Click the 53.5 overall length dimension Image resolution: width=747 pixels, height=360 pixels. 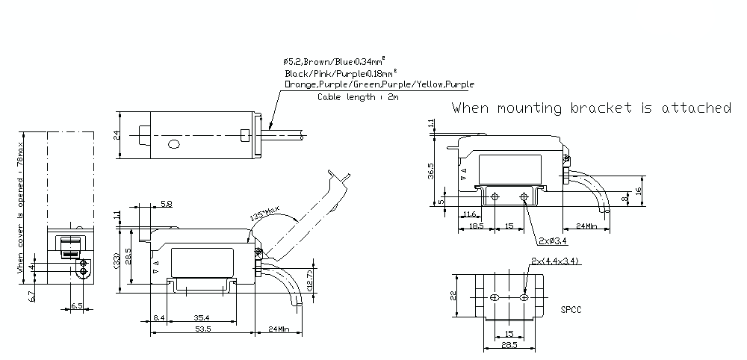[203, 327]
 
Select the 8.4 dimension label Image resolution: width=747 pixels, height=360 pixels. [158, 317]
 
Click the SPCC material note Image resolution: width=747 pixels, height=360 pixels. [571, 308]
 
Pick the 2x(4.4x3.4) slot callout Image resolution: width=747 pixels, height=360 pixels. [557, 261]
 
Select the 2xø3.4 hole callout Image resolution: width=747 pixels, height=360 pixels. [552, 240]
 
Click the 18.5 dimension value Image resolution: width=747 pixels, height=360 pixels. [475, 225]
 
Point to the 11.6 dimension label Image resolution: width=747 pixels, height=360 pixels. [469, 215]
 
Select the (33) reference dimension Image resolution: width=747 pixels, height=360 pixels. [117, 261]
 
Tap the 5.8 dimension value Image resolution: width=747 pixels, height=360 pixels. [166, 203]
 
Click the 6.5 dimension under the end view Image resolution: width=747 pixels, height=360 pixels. [77, 306]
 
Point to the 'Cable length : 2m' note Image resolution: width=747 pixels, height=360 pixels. [357, 97]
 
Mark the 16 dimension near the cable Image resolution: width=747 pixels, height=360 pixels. [639, 190]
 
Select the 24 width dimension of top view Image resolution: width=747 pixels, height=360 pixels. [117, 135]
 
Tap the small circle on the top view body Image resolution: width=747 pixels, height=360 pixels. [174, 144]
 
